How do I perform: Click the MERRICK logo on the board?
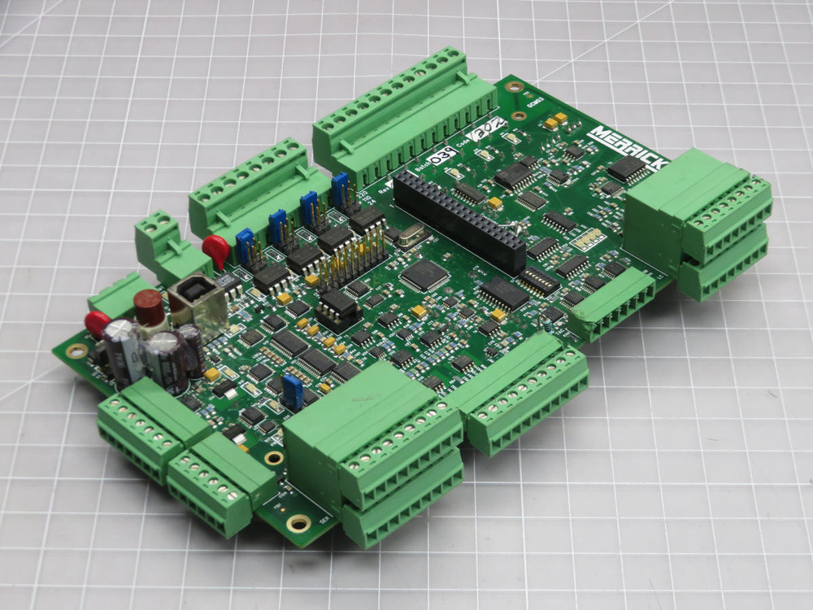click(628, 146)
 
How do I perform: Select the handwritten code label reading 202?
click(489, 129)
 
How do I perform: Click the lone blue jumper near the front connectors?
click(293, 392)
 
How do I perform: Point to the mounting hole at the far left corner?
click(76, 351)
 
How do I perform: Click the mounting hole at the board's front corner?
click(298, 522)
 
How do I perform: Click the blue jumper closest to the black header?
click(340, 186)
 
